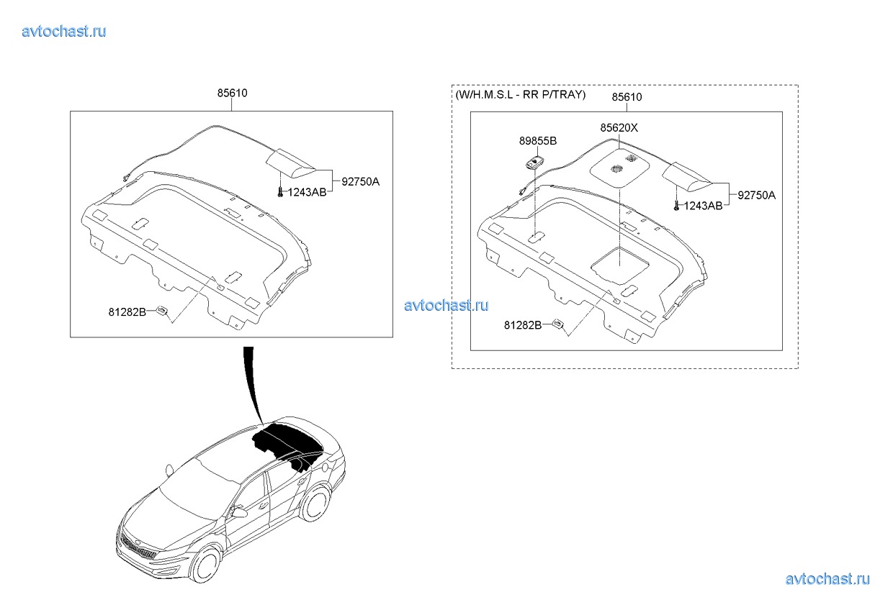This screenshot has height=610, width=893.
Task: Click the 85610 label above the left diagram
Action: [232, 93]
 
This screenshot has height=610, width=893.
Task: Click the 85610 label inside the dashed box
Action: [627, 97]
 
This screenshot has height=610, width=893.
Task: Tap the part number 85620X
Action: [619, 128]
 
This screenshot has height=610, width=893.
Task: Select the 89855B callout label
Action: [538, 141]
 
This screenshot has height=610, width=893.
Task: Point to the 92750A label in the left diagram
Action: [360, 182]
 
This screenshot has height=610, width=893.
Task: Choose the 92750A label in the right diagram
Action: [757, 196]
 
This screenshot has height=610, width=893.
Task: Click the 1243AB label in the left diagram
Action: [307, 192]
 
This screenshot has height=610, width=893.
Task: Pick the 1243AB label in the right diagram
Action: [703, 206]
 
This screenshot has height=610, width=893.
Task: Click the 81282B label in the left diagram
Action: [127, 312]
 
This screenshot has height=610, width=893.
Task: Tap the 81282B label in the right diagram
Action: [523, 325]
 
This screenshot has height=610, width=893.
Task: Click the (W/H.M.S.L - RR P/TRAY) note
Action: [521, 95]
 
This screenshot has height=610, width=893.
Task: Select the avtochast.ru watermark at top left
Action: [64, 32]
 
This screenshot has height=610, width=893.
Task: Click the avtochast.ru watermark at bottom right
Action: [827, 579]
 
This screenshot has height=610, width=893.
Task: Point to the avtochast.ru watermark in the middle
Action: [446, 306]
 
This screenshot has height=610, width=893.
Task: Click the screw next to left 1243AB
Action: [280, 192]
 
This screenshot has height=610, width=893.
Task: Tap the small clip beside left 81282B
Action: [162, 311]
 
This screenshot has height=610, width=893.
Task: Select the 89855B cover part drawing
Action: [534, 163]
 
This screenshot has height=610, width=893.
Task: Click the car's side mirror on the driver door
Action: [239, 512]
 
